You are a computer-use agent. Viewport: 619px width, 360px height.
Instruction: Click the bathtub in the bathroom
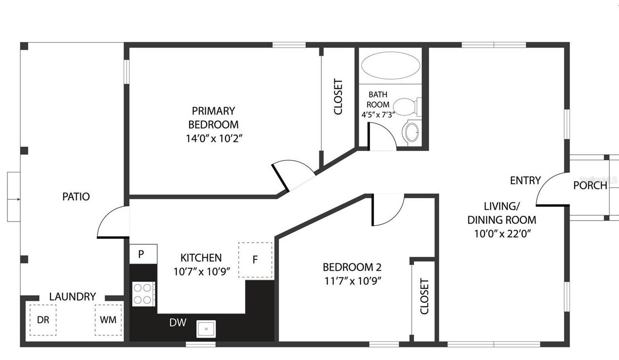391,65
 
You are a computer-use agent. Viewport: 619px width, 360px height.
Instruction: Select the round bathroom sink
412,132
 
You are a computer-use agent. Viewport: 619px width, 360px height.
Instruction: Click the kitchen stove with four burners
144,294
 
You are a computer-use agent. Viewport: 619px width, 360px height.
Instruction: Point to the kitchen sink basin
206,329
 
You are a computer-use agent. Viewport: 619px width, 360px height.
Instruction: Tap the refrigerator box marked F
255,260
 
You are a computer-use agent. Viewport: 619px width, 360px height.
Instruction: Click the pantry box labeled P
144,254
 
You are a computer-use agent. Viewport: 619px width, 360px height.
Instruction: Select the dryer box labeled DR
43,320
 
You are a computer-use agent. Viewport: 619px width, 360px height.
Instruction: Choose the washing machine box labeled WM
108,320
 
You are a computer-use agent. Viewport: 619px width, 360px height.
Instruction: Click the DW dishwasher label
178,323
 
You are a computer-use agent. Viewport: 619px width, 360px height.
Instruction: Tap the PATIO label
76,196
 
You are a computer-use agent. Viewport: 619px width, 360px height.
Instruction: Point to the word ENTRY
525,180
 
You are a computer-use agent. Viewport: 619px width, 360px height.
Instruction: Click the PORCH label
590,185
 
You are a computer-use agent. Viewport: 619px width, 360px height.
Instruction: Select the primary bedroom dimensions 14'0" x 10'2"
214,138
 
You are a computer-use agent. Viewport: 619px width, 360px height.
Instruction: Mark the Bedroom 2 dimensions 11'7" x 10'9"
353,281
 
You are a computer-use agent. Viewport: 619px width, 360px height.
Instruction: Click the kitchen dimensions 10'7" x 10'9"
202,271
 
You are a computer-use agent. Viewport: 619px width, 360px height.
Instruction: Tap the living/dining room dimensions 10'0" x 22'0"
503,233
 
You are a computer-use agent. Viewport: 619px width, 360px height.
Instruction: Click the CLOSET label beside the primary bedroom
338,97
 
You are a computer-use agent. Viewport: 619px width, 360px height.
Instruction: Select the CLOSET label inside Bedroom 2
424,296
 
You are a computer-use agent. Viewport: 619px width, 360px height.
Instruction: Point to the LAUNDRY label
72,297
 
